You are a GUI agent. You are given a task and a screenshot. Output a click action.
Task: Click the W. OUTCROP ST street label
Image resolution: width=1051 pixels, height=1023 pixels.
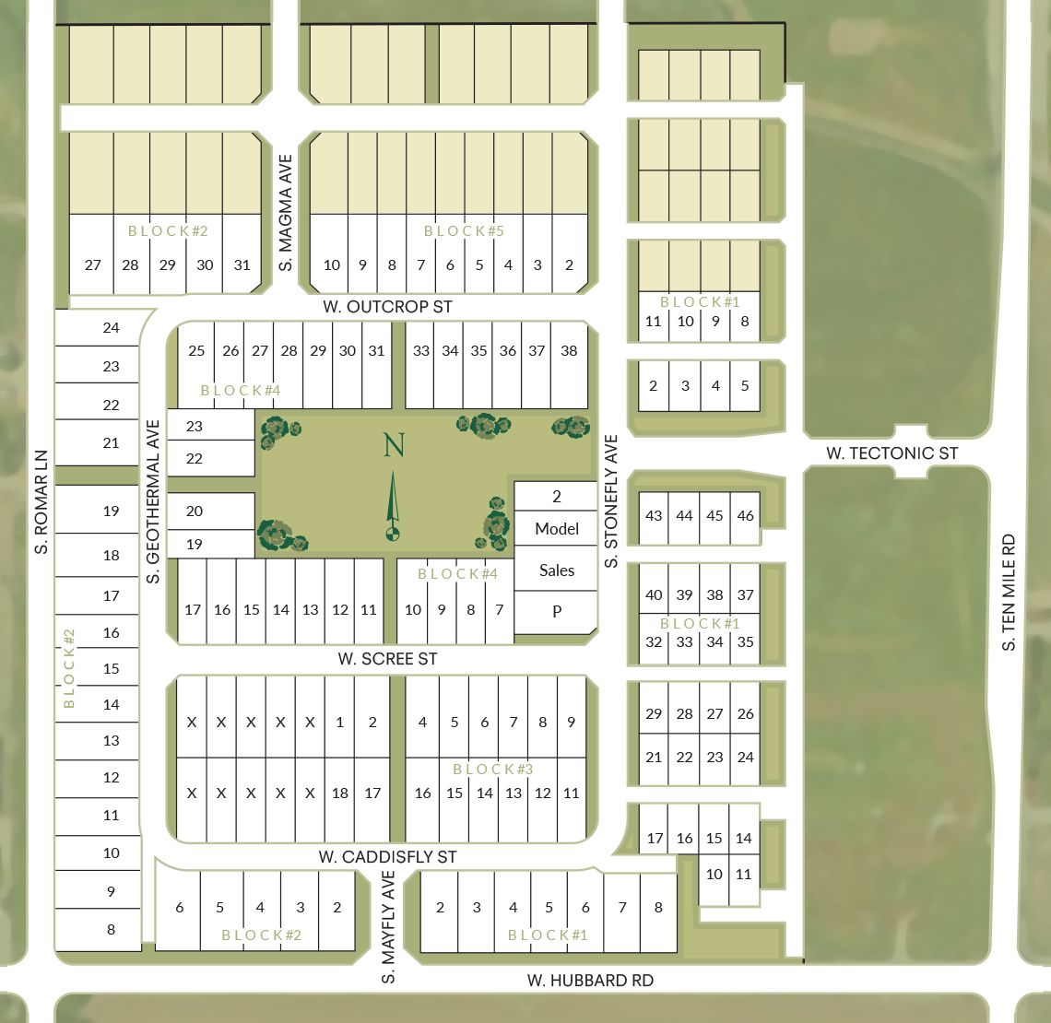click(x=387, y=306)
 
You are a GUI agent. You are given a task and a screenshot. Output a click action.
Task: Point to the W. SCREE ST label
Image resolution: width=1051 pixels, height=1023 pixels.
click(x=387, y=659)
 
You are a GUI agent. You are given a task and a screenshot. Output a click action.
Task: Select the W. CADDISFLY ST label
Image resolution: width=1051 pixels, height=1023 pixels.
click(x=387, y=857)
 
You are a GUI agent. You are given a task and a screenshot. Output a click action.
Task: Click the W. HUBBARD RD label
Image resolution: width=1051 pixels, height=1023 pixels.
click(x=590, y=981)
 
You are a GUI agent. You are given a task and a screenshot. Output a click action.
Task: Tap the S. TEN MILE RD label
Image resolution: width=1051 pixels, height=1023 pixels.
click(x=1010, y=593)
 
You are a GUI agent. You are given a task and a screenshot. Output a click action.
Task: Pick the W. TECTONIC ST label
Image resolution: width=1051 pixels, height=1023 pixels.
click(x=892, y=453)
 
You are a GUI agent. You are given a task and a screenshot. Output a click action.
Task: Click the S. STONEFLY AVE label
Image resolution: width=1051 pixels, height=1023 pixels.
click(x=610, y=502)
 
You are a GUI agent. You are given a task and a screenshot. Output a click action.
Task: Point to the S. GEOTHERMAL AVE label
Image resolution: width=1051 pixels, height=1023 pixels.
click(x=153, y=502)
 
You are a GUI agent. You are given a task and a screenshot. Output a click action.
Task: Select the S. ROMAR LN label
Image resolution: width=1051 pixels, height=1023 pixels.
click(x=41, y=502)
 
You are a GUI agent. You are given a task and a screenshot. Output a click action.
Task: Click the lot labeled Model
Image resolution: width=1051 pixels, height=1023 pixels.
click(x=557, y=529)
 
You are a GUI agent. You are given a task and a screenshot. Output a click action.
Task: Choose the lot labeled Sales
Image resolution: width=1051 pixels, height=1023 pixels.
click(x=557, y=570)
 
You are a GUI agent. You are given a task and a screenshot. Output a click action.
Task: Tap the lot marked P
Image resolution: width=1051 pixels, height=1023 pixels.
click(x=557, y=611)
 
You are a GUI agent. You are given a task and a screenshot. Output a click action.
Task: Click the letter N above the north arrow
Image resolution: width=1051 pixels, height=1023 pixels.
click(x=394, y=445)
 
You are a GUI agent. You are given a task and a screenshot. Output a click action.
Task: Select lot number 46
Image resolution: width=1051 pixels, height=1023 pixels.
click(x=745, y=515)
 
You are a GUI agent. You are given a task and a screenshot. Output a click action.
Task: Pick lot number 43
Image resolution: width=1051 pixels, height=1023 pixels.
click(x=654, y=515)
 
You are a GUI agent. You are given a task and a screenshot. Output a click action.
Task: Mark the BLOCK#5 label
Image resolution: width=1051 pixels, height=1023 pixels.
click(x=464, y=230)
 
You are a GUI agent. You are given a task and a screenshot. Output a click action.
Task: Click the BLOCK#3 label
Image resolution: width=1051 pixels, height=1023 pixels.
click(x=493, y=769)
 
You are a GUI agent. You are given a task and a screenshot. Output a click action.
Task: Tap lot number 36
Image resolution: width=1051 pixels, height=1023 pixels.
click(x=508, y=350)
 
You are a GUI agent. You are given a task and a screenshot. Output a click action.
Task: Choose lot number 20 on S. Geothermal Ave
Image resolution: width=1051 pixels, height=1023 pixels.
click(x=194, y=511)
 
